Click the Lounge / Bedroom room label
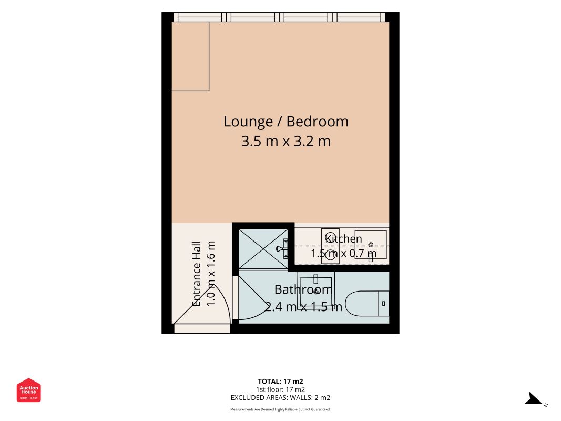click(x=286, y=122)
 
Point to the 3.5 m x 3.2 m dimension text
click(x=286, y=141)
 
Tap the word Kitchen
click(x=343, y=238)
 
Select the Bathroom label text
click(x=303, y=289)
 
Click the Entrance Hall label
click(x=197, y=274)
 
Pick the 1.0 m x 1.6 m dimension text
click(x=211, y=274)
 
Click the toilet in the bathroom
click(x=368, y=304)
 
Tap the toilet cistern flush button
click(x=383, y=304)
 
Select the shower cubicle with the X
click(x=263, y=249)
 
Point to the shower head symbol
click(x=282, y=248)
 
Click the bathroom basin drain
click(x=316, y=292)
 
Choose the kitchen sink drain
click(x=371, y=245)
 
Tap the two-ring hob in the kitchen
click(x=330, y=246)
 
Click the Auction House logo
click(x=28, y=390)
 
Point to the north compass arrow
click(x=534, y=398)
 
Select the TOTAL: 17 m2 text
click(x=281, y=382)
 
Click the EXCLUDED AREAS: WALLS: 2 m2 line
click(x=281, y=398)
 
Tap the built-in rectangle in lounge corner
click(x=190, y=56)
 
